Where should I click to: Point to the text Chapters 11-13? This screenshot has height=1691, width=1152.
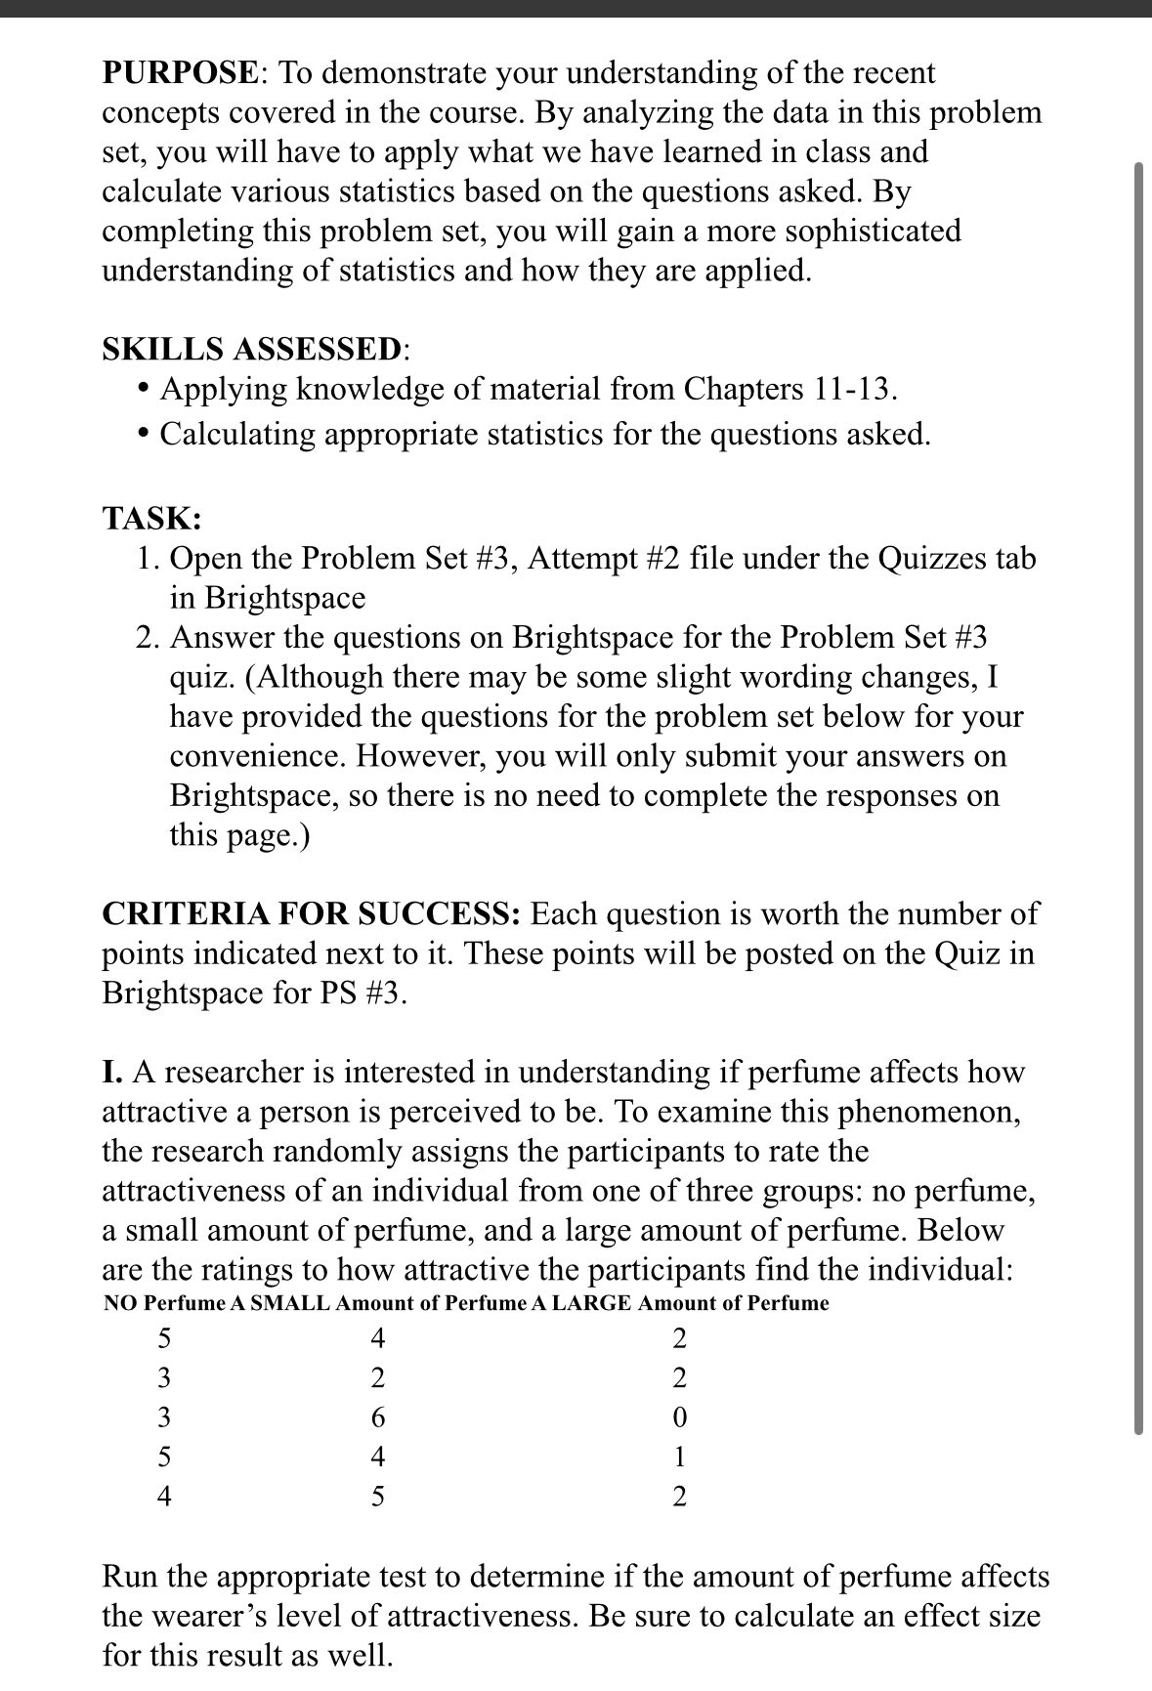tap(789, 389)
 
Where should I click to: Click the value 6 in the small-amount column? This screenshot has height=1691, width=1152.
tap(378, 1416)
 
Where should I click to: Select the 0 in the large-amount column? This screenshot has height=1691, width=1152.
tap(680, 1416)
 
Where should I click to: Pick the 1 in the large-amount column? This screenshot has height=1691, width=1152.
tap(680, 1457)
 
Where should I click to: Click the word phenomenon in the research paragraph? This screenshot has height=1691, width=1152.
tap(928, 1112)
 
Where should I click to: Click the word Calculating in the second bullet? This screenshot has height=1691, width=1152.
tap(237, 434)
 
